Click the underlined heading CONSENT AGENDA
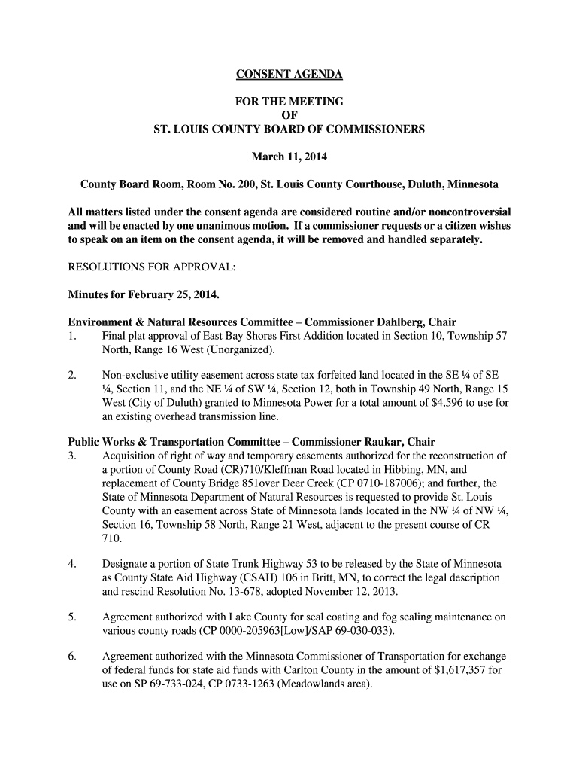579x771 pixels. point(289,74)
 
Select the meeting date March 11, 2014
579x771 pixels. point(289,157)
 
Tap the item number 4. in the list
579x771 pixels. point(72,564)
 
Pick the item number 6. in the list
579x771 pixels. point(72,657)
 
